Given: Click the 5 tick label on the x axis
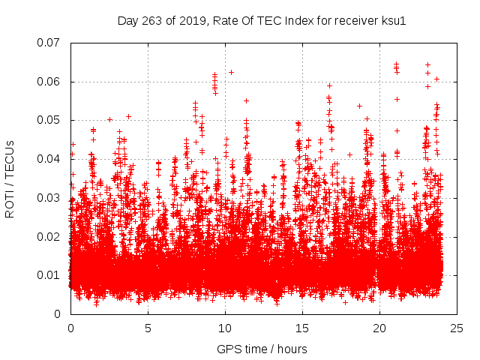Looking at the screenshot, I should click(x=148, y=328).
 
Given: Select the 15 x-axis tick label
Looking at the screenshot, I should click(x=302, y=328).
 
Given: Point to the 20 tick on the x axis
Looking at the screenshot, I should click(x=379, y=328).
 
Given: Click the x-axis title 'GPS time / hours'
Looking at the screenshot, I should click(x=262, y=349).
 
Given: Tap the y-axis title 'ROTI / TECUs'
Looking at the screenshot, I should click(x=10, y=178).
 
